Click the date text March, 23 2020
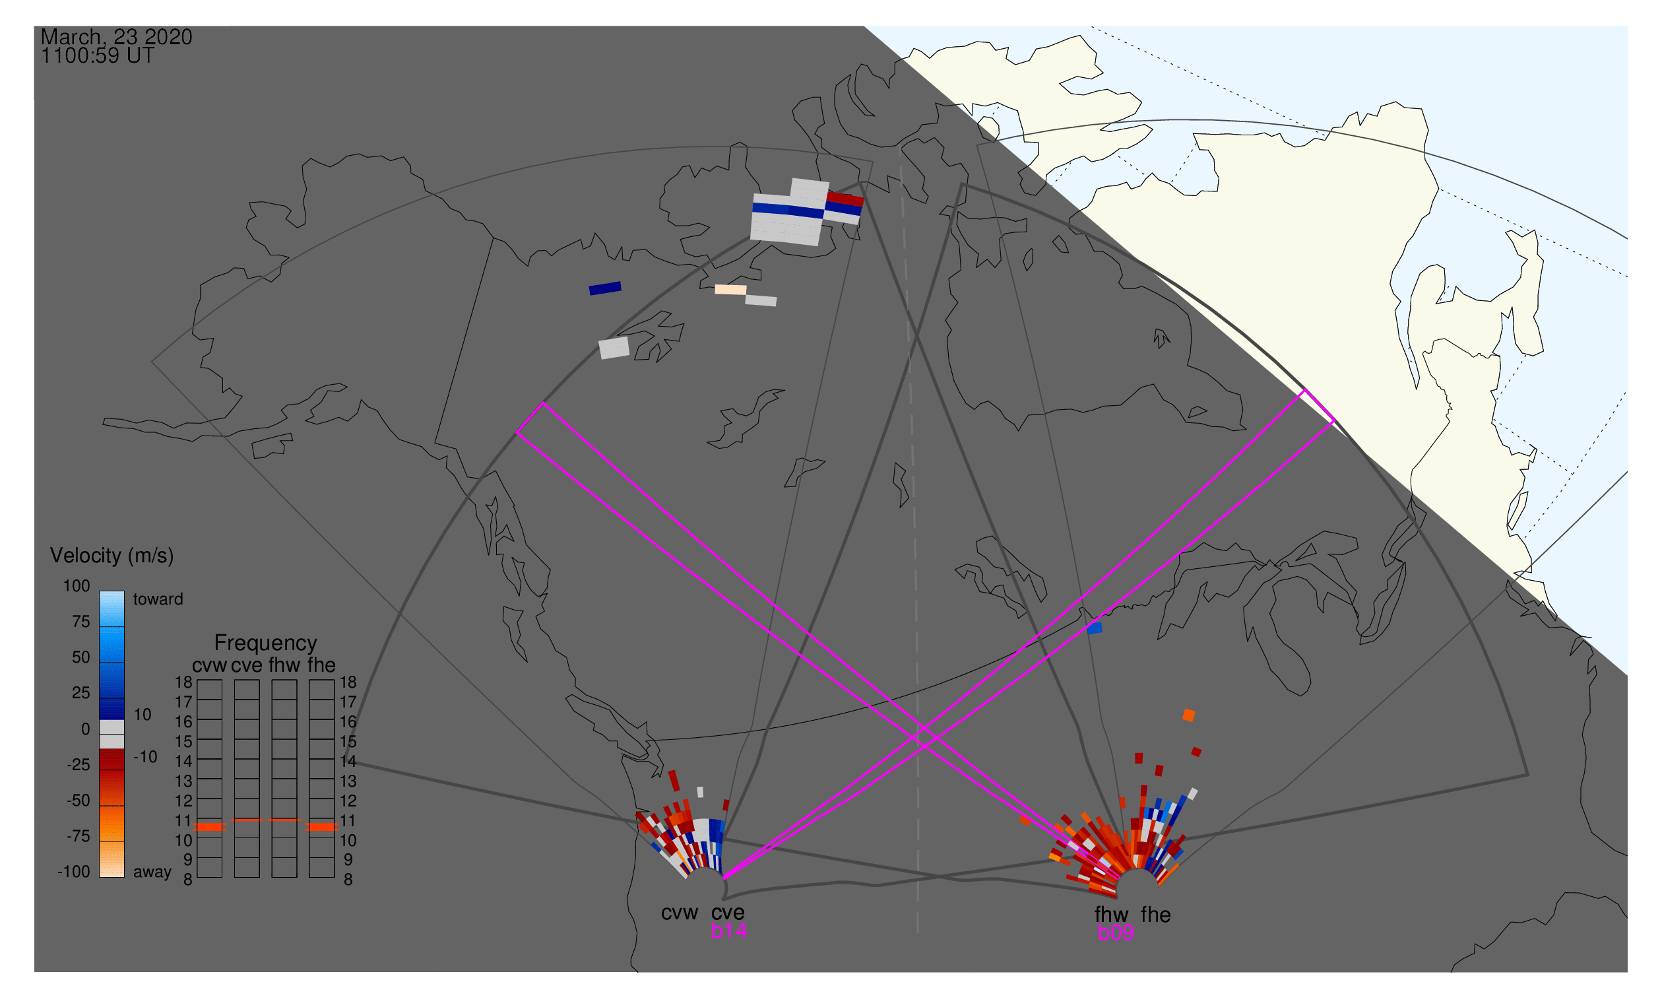116,37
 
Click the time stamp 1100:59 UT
98,56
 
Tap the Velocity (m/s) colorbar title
112,556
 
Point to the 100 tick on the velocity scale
77,586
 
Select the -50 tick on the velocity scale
79,801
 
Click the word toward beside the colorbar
158,600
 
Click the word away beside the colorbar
152,873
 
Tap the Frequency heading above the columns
266,643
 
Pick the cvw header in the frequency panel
209,666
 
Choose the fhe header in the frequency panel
321,666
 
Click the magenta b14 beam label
728,931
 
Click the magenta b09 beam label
1116,933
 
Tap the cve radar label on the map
728,913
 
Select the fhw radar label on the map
1112,915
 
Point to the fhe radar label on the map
1156,915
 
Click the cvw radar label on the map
679,913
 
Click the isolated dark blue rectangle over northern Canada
605,288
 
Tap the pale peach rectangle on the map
730,290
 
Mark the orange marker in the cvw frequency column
210,827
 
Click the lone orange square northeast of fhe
1189,715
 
